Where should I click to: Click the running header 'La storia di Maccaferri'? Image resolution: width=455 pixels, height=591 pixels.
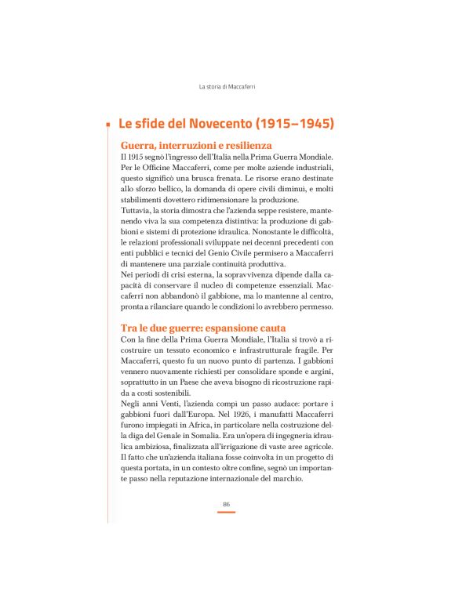click(x=227, y=86)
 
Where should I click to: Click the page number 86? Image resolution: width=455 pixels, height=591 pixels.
click(x=226, y=504)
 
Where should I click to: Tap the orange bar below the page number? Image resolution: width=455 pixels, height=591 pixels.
click(x=226, y=512)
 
